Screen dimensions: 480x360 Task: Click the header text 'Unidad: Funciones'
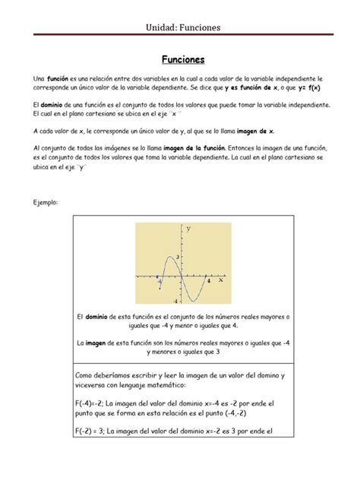tap(179, 27)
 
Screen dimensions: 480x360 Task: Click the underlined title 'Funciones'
tap(179, 58)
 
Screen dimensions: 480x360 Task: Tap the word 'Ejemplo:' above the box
tap(48, 202)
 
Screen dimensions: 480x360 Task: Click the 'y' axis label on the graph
tap(188, 229)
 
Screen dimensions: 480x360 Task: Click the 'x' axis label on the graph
tap(221, 279)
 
